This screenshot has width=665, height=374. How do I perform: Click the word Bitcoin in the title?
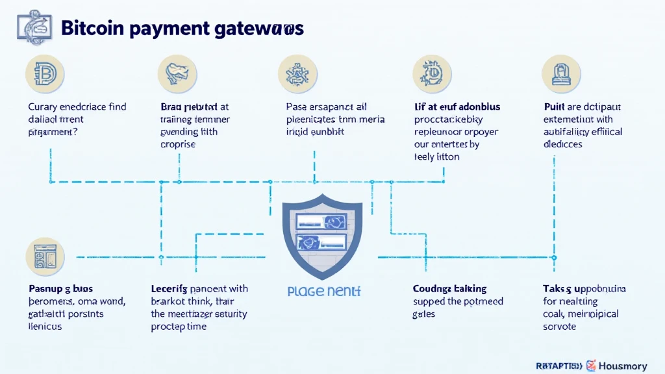tap(91, 29)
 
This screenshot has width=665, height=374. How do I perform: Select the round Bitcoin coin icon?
tap(45, 74)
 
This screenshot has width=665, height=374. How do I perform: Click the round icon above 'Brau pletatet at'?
tap(177, 74)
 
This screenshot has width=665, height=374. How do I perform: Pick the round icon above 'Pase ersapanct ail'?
tap(297, 74)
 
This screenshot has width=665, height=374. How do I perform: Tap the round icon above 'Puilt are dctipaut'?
tap(562, 74)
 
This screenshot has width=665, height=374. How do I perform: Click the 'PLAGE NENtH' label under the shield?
tap(323, 292)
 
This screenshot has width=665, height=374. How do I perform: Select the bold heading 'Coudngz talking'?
tap(449, 288)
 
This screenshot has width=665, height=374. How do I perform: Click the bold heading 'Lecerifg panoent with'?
tap(199, 288)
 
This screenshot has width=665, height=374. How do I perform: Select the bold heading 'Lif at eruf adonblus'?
tap(457, 106)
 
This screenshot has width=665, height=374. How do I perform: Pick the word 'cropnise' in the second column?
tap(177, 144)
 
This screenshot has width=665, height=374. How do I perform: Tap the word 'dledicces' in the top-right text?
tap(563, 144)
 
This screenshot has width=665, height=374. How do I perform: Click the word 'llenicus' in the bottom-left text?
tap(45, 326)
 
